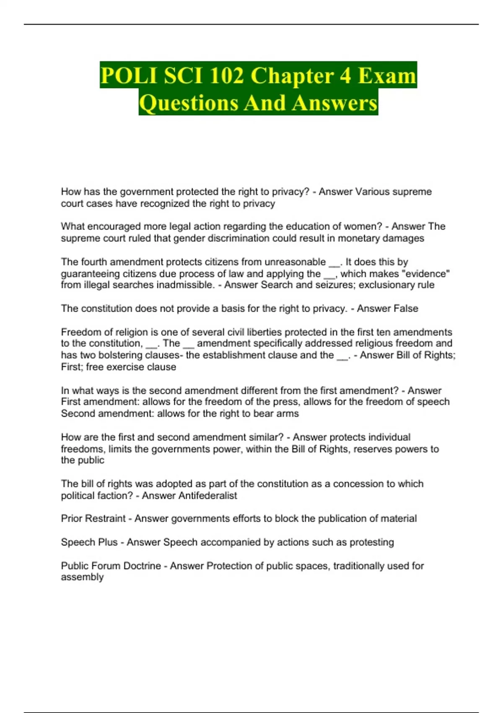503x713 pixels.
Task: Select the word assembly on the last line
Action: point(82,577)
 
